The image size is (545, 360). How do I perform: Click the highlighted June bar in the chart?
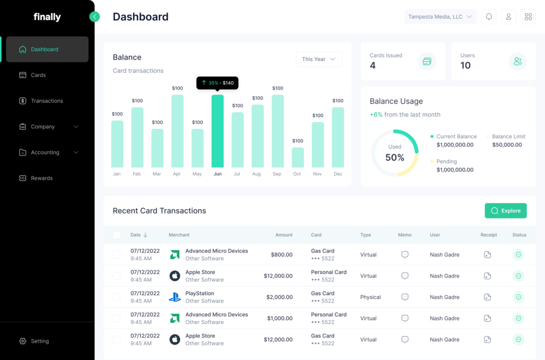pos(218,131)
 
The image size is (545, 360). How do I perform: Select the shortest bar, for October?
pos(298,158)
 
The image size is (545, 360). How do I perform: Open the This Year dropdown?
pos(319,59)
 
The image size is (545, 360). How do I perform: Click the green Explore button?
pos(506,211)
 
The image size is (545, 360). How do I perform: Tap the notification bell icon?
pos(489,17)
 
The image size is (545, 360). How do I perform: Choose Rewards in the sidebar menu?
pos(42,178)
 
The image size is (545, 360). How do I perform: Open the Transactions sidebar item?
pos(47,101)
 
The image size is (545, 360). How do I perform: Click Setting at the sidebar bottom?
pos(39,341)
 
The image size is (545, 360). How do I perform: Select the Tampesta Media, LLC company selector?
pos(440,17)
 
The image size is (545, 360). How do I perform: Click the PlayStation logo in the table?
pos(175,297)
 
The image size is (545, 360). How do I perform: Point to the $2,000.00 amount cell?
pos(279,297)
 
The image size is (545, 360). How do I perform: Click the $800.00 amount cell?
pos(282,255)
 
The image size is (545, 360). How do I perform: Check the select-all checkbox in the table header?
pos(117,235)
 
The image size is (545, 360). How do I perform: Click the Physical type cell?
pos(370,297)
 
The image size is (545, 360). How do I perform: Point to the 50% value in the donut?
pos(395,158)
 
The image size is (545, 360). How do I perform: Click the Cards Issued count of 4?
pos(373,66)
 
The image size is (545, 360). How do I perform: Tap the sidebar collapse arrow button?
pos(95,17)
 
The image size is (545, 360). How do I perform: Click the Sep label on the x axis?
pos(277,174)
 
